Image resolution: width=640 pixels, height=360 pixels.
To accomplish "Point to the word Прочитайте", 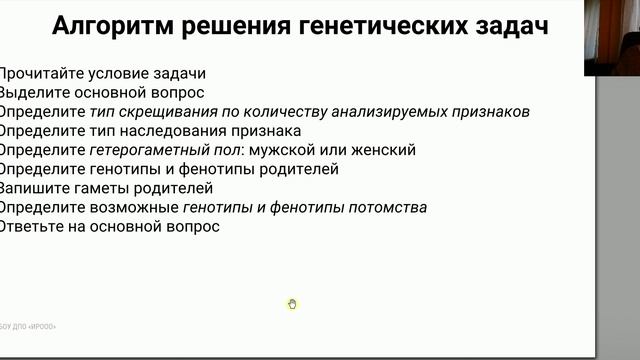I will (41, 73).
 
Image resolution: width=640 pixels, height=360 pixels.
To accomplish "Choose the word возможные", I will (137, 207).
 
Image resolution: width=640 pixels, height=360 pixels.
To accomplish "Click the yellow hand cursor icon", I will (292, 304).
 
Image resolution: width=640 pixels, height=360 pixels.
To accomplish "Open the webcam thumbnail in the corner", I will (612, 38).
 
